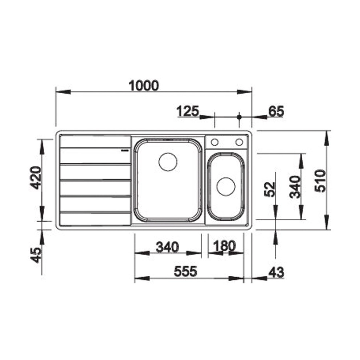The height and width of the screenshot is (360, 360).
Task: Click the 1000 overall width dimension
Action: click(144, 86)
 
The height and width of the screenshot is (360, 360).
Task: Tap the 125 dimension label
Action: click(188, 111)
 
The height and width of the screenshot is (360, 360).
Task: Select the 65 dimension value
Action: click(276, 111)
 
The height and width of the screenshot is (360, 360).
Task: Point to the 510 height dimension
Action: click(320, 181)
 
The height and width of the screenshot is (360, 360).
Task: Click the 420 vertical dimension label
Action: click(36, 178)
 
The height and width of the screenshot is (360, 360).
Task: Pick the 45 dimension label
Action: click(36, 255)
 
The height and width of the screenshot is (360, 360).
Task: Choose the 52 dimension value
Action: click(270, 189)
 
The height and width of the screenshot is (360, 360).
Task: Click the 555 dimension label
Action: click(185, 271)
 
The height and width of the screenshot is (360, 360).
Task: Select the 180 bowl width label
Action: click(224, 246)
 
